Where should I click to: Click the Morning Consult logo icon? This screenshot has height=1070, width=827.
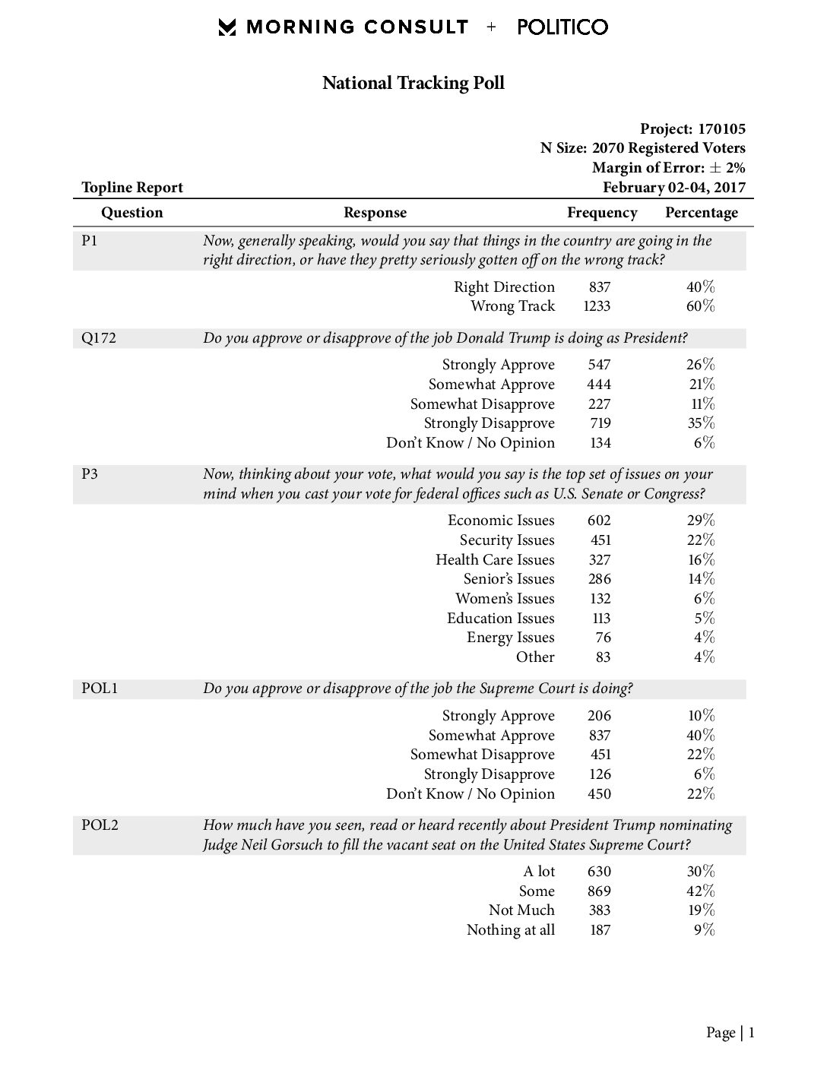[227, 27]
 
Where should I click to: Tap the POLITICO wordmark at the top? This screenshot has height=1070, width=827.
[562, 27]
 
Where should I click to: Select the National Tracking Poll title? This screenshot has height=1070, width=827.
[413, 83]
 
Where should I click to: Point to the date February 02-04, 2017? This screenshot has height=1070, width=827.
[673, 188]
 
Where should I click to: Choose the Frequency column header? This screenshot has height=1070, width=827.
[602, 213]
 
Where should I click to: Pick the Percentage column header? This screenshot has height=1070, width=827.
[701, 213]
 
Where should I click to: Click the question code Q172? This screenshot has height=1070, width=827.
[99, 338]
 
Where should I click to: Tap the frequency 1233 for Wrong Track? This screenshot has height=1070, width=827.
[597, 306]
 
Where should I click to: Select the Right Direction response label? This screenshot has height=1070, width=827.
[504, 286]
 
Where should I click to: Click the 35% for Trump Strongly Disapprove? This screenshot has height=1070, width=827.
[700, 423]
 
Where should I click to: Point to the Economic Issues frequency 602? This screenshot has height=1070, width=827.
[599, 521]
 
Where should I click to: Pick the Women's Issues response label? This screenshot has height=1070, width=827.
[505, 599]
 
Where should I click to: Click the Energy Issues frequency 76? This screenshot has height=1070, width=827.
[603, 638]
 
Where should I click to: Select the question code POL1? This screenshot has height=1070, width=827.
[100, 689]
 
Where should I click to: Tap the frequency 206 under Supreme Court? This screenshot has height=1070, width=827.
[599, 716]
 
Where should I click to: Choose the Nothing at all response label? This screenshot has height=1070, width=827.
[510, 930]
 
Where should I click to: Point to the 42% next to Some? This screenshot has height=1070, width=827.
[700, 891]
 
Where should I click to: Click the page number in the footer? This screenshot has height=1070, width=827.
[751, 1033]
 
